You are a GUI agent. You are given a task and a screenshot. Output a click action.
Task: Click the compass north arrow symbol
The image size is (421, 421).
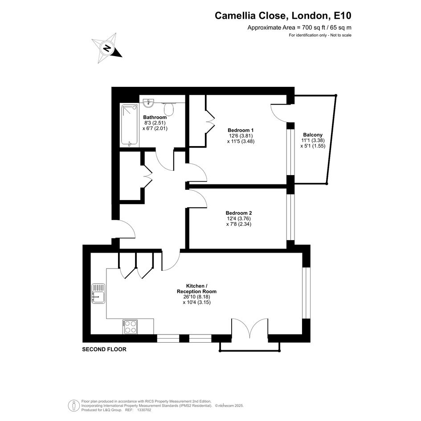coord(107,48)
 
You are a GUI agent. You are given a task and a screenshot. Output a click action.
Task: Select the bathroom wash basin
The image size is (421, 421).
coord(148,102)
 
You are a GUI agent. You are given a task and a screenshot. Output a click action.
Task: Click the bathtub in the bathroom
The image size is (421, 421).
coord(130,125)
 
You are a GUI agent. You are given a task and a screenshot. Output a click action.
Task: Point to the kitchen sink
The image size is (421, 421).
coord(98,294)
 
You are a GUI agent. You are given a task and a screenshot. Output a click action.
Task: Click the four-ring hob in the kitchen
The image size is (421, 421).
coord(130,327)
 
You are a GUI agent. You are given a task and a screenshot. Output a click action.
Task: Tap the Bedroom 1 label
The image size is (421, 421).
coord(241,130)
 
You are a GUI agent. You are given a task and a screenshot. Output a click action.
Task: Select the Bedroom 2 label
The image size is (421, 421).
coord(239,213)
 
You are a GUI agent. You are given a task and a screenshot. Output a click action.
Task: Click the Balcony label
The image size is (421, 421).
coord(313,135)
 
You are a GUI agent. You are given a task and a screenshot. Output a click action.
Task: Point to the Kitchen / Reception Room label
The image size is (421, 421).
coord(196,289)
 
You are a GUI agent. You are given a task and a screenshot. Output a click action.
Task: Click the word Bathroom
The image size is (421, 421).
coord(155,117)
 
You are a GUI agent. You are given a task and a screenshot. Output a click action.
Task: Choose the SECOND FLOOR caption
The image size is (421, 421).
coord(104,349)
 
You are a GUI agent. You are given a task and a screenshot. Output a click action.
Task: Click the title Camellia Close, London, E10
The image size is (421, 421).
coord(283,16)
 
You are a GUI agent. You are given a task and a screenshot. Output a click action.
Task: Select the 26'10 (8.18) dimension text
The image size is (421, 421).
coord(196,297)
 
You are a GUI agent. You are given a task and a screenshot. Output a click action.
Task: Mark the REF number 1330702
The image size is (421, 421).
coord(144,410)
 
